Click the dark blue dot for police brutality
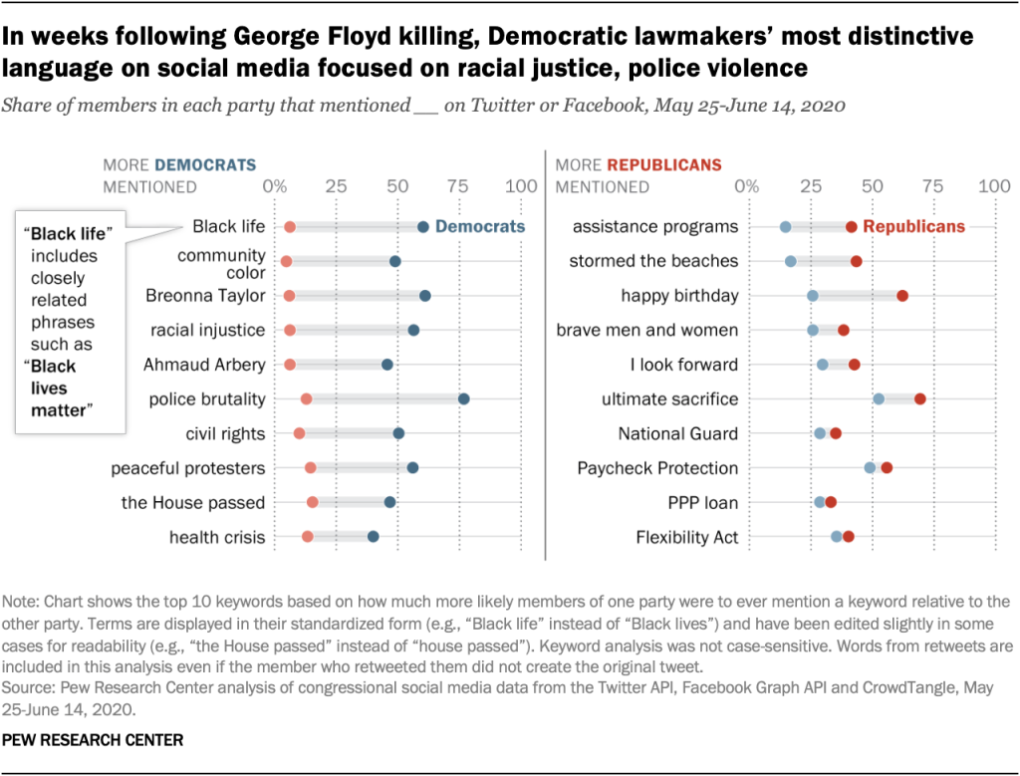463,399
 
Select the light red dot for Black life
290,227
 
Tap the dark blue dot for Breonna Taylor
425,296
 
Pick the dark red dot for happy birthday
902,296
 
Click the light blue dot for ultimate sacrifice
879,399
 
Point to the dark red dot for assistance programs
852,227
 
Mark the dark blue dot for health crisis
374,537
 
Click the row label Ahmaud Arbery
204,365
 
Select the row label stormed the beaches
653,261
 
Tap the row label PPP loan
702,502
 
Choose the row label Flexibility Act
687,537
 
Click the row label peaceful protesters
188,468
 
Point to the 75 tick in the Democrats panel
459,186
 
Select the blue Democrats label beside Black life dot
480,227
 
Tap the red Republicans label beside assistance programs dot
913,227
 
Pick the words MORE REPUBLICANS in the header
638,164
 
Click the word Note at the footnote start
20,602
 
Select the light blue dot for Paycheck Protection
870,468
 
